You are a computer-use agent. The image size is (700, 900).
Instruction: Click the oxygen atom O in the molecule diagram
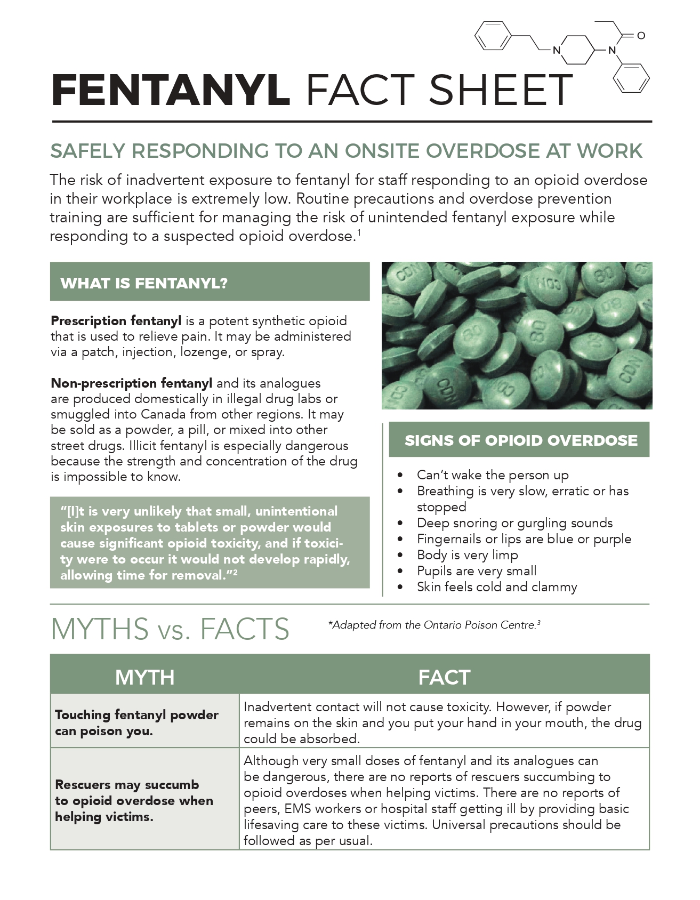641,36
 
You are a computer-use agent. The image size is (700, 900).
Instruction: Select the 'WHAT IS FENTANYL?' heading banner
210,282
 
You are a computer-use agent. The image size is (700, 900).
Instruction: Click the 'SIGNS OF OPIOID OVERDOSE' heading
520,440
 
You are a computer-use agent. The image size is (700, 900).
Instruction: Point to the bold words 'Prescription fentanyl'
116,321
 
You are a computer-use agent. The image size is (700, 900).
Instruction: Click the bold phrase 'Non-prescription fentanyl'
131,383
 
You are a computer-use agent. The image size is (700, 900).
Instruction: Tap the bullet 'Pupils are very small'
476,571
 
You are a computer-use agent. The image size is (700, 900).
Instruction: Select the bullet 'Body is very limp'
467,555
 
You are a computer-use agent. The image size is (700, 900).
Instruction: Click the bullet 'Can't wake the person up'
492,475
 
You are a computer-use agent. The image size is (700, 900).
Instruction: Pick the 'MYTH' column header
144,677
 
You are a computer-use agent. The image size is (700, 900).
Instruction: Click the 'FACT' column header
444,677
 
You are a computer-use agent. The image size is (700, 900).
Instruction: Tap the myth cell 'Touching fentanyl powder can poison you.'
136,722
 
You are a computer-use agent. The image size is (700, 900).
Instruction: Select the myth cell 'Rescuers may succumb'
127,785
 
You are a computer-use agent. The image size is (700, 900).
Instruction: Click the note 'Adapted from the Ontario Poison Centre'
433,625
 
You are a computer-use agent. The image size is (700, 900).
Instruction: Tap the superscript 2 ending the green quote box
235,572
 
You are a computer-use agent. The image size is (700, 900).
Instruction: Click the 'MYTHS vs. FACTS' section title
170,629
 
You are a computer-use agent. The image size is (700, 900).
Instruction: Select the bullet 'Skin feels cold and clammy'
496,587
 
